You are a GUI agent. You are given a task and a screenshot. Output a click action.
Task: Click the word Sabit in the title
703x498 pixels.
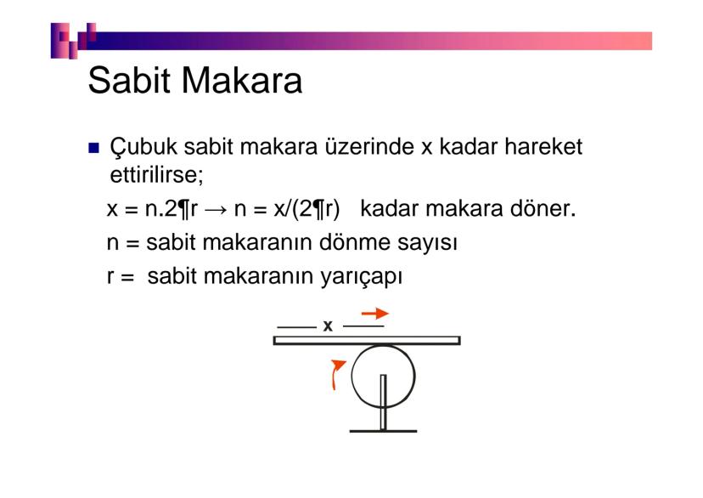pos(129,80)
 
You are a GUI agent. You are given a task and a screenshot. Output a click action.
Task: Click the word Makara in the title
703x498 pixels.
pos(242,80)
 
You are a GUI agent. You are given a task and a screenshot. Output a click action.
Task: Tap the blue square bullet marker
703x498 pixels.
pos(93,148)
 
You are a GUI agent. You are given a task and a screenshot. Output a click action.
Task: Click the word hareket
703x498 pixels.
pos(543,146)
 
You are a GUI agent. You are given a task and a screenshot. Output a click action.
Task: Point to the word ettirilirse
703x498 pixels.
pos(156,174)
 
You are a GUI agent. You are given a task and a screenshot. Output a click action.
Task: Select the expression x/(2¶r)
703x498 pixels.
pos(307,208)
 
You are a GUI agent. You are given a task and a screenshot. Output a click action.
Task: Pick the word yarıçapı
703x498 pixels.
pos(361,276)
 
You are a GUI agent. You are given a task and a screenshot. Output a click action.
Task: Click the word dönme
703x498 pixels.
pos(354,242)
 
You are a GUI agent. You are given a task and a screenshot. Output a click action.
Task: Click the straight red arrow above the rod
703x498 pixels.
pos(374,313)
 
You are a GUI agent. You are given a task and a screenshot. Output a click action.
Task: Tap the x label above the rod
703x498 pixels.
pos(328,325)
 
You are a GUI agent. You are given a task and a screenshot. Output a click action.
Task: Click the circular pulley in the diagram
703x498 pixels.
pos(352,376)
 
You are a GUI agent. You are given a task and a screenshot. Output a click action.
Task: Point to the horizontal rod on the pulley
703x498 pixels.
pos(367,340)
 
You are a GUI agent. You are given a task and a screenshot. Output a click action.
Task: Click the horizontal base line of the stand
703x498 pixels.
pos(383,431)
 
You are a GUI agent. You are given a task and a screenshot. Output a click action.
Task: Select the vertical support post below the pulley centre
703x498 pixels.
pos(383,402)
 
